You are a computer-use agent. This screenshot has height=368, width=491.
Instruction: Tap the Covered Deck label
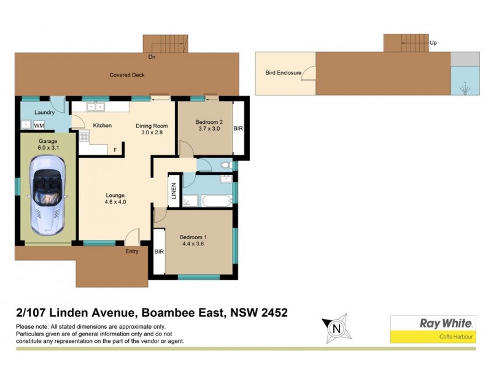(126, 75)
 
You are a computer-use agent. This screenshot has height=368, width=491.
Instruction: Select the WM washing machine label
(39, 125)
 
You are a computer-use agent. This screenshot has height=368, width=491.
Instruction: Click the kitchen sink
(95, 107)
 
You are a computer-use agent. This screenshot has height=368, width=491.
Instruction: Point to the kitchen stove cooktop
(83, 138)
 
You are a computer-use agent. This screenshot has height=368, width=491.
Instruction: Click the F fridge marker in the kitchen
(114, 149)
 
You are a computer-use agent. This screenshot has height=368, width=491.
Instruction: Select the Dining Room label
(151, 126)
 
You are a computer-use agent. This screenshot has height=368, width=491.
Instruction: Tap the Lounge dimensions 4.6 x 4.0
(115, 201)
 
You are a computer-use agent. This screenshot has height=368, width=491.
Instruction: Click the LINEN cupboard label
(174, 191)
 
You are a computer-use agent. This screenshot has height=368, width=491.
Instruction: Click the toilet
(223, 165)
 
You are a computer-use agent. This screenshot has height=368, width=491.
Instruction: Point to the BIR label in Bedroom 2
(238, 129)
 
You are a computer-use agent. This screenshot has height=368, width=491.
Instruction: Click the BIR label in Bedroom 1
(159, 251)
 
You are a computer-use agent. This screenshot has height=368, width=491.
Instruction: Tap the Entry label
(131, 251)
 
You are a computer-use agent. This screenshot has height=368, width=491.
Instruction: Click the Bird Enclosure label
(283, 72)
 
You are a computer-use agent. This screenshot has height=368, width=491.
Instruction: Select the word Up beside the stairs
(433, 43)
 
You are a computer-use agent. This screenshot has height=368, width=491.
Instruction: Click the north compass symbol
(336, 328)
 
